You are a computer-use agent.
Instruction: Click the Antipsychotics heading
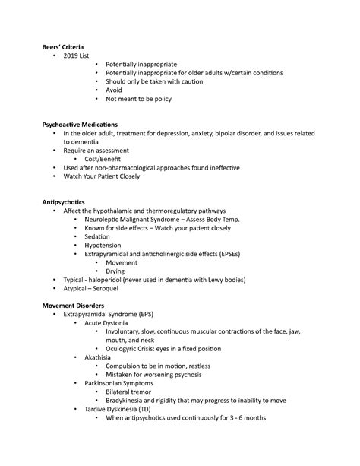coord(66,202)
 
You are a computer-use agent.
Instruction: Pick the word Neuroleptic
coord(105,219)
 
